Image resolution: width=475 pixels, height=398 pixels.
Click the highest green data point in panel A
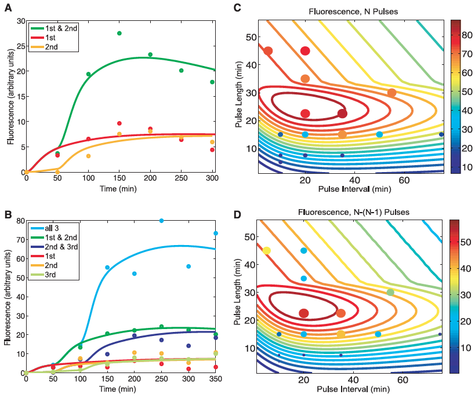pos(119,34)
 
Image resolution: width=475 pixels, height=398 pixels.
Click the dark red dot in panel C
pos(342,114)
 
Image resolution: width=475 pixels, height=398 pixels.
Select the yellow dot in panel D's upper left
pos(267,251)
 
